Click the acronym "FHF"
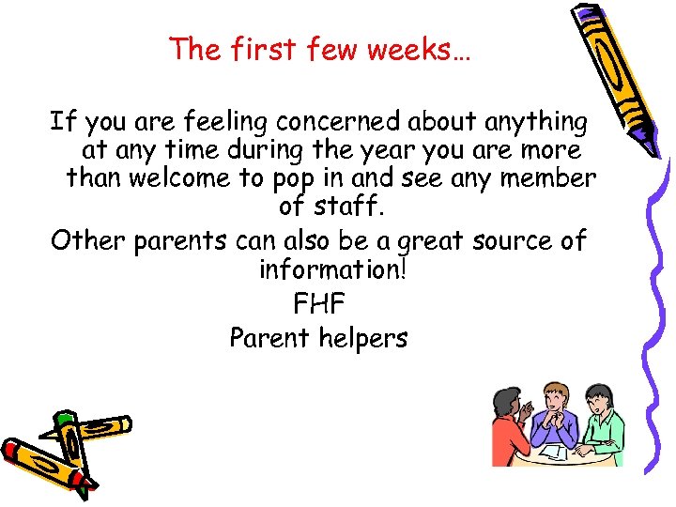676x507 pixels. click(319, 303)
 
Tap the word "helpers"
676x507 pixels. click(362, 338)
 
